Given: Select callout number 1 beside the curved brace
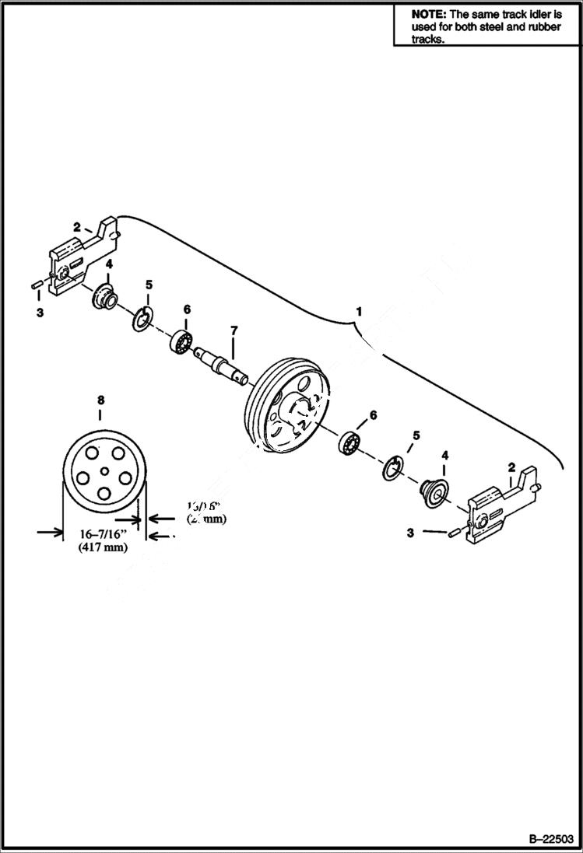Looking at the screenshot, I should [x=359, y=311].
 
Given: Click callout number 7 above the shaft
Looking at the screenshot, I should [x=233, y=331].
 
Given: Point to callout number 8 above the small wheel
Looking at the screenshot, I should [x=100, y=400].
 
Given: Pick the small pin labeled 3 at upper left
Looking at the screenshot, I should [x=37, y=287].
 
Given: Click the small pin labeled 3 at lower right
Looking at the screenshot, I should [x=455, y=533].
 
